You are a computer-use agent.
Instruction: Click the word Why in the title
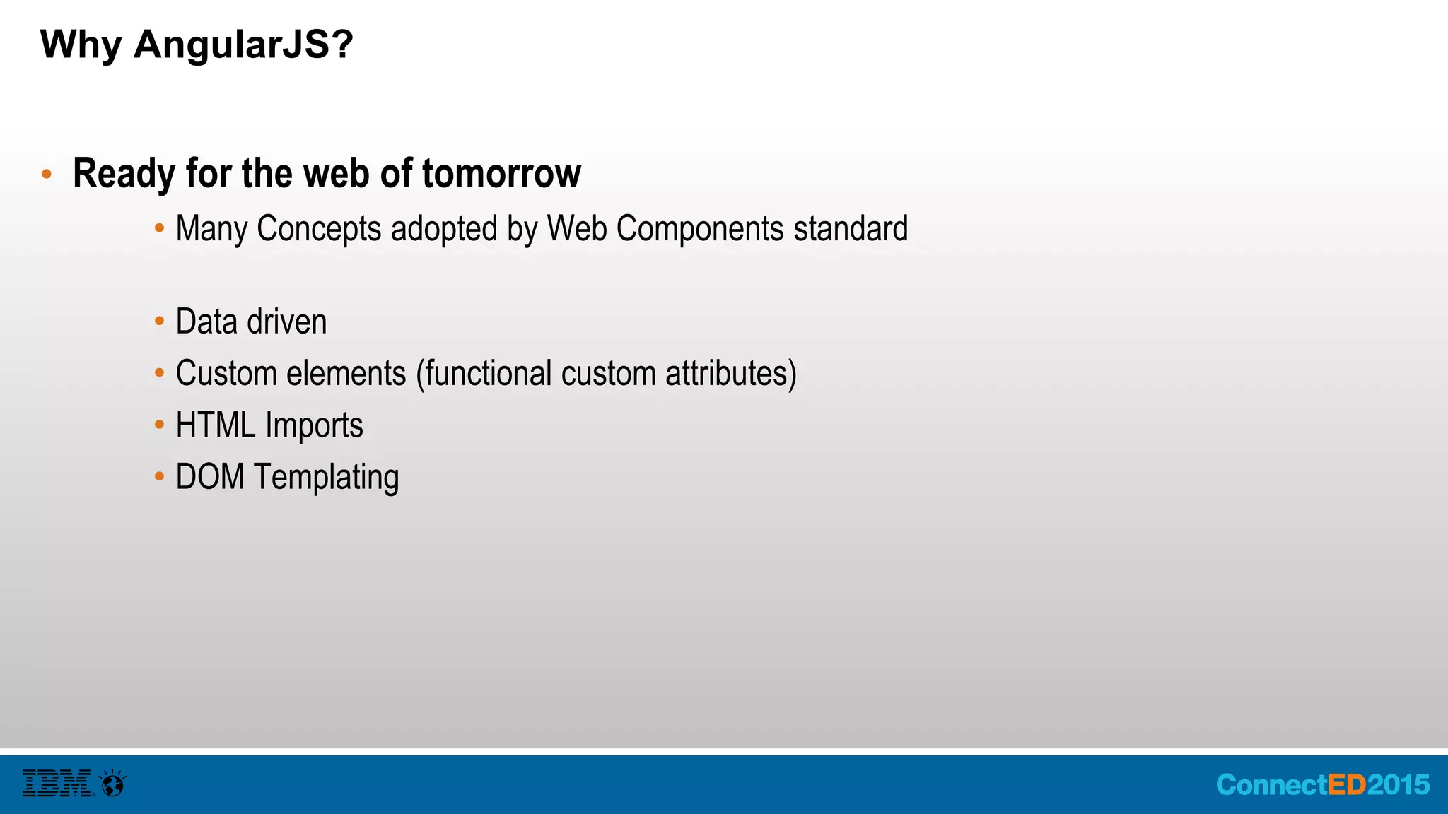[81, 45]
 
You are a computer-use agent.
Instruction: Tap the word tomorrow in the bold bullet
[501, 173]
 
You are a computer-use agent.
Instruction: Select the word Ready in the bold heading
[124, 175]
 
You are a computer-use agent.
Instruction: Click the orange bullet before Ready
[47, 174]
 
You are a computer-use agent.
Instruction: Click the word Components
[700, 230]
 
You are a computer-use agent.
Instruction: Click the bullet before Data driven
[159, 322]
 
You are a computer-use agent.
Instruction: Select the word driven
[286, 322]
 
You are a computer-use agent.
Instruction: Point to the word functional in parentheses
[484, 373]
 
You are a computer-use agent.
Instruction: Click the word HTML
[215, 425]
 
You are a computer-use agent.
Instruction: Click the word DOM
[210, 477]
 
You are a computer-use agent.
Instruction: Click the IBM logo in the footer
[57, 784]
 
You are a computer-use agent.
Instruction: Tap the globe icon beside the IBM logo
[113, 784]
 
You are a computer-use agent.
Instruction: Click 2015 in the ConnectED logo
[1398, 785]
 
